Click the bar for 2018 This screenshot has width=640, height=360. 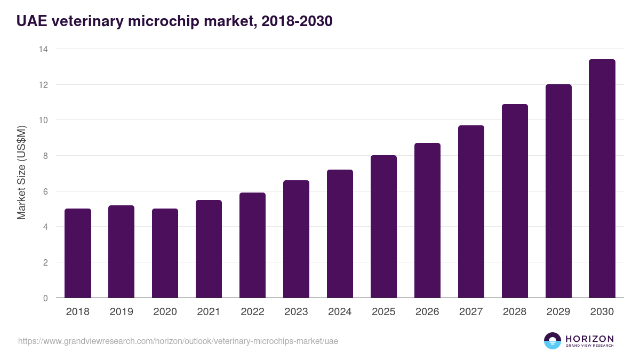[78, 253]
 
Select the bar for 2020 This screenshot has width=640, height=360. [165, 253]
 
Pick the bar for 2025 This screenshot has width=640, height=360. [383, 227]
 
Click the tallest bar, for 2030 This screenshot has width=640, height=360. [602, 179]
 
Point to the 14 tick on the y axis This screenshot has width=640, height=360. [43, 49]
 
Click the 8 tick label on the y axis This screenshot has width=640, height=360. [45, 156]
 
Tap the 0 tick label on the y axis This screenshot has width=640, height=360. [45, 298]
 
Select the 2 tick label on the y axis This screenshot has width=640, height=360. [45, 262]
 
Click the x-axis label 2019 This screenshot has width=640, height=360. [122, 312]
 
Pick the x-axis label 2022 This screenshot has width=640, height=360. [252, 312]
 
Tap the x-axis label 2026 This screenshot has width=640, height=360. [427, 312]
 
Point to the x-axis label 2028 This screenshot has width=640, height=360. [515, 312]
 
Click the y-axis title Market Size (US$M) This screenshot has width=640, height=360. [21, 172]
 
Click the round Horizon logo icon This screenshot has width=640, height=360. [553, 341]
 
